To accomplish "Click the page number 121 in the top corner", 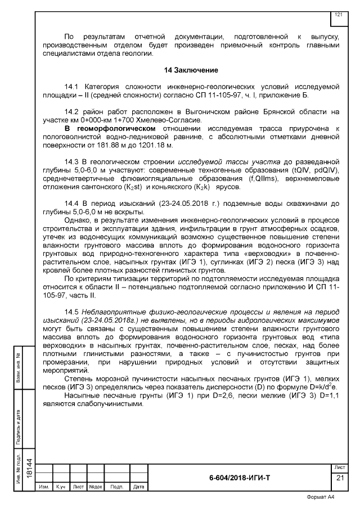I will coord(339,14).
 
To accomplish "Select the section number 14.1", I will coord(74,87).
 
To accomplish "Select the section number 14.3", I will coord(74,162).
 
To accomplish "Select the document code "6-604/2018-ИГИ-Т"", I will coord(239,477).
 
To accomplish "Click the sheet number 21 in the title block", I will coord(340,478).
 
